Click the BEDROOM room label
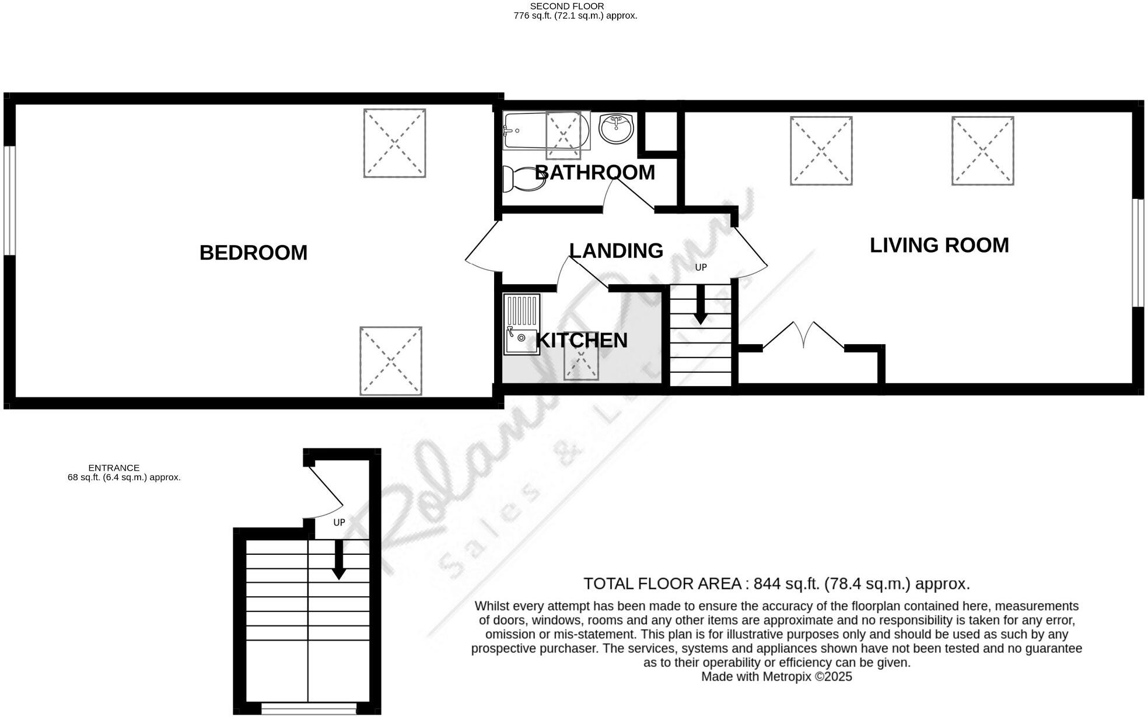[253, 253]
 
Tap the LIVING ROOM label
[939, 245]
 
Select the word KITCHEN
[582, 340]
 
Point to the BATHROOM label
[594, 172]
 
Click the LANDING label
[616, 250]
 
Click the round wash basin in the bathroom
[616, 128]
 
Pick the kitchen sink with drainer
[521, 324]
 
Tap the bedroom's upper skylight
[394, 143]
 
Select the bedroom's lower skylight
[390, 361]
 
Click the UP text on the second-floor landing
[701, 267]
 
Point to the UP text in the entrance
[339, 522]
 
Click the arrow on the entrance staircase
[338, 562]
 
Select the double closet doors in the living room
[803, 335]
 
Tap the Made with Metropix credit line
[776, 677]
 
